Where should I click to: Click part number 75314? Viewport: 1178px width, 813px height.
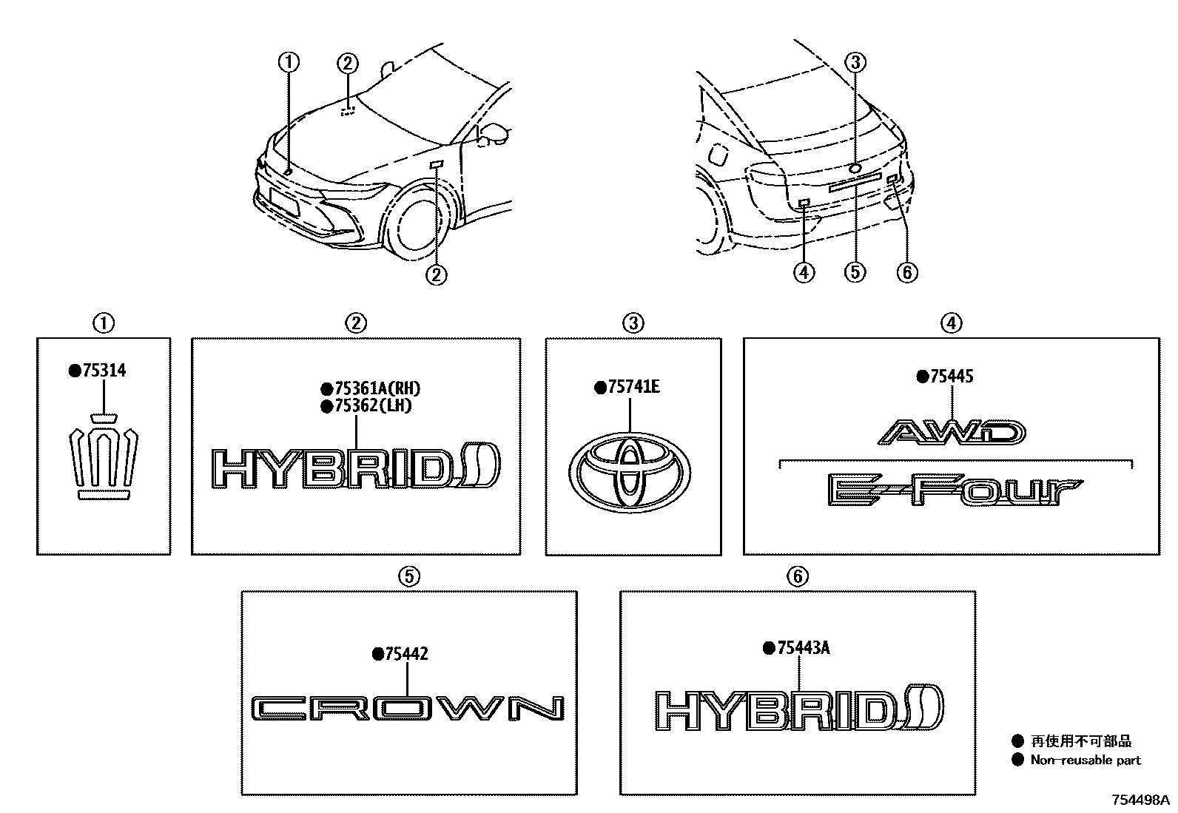click(104, 370)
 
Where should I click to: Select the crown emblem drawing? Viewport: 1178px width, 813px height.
click(104, 456)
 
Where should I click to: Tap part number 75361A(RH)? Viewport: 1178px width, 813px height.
click(377, 388)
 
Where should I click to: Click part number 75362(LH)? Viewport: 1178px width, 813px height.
click(374, 406)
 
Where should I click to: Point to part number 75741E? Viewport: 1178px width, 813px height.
click(633, 387)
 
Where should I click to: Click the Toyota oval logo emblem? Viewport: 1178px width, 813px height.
click(630, 472)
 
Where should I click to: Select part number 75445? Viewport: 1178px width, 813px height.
click(952, 376)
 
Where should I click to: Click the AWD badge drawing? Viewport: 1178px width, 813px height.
click(952, 432)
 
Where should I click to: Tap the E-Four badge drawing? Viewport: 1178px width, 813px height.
click(955, 490)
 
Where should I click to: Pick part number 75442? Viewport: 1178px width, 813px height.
click(406, 654)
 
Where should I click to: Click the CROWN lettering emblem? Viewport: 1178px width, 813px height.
click(408, 708)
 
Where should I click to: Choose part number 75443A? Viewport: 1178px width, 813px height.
click(804, 648)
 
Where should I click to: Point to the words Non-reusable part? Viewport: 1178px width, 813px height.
click(1086, 760)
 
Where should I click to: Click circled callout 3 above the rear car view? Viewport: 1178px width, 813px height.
click(855, 62)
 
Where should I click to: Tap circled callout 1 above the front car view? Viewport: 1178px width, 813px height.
click(289, 62)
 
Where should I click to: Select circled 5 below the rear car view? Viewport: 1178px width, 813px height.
click(855, 272)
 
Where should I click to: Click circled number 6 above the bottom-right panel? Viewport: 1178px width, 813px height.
click(798, 576)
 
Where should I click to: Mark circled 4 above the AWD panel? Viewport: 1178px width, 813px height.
click(952, 323)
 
